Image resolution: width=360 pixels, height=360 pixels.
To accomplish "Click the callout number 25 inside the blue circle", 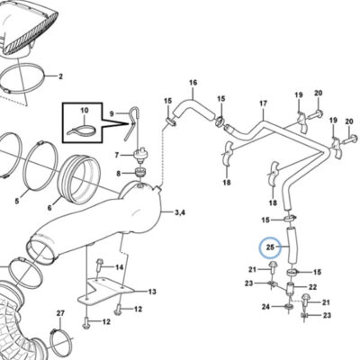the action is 270,247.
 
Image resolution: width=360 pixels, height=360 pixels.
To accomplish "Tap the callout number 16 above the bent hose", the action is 193,82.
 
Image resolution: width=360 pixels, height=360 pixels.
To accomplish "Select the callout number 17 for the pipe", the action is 263,103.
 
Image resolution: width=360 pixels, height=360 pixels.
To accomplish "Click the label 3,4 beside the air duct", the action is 180,212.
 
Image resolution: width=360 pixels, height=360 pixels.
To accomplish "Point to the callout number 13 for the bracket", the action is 152,292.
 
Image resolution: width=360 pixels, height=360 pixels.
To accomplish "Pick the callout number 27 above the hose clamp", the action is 60,313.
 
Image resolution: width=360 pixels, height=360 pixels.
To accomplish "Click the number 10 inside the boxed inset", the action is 85,111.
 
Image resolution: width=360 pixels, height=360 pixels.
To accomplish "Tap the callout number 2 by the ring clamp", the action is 61,76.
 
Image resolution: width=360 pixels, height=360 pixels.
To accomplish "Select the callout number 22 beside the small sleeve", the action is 312,287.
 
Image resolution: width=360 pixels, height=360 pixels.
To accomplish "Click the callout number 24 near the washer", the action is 265,307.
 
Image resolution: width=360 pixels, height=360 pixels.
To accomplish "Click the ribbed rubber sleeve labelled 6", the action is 81,180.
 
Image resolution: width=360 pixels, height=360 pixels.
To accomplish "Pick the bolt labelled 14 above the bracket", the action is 100,266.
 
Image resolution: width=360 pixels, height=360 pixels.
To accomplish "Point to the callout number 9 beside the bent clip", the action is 112,113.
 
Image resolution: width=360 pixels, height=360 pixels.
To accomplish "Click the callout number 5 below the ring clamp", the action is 17,201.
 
